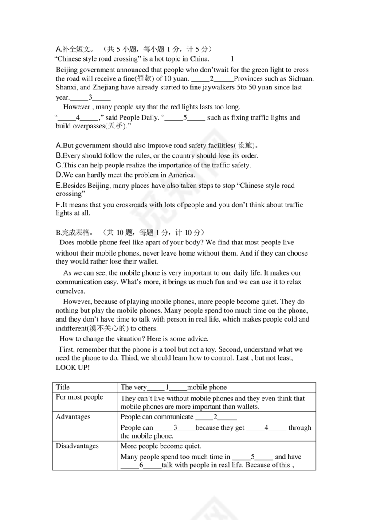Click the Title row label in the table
click(x=63, y=387)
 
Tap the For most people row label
click(x=79, y=397)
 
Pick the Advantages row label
click(x=73, y=417)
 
